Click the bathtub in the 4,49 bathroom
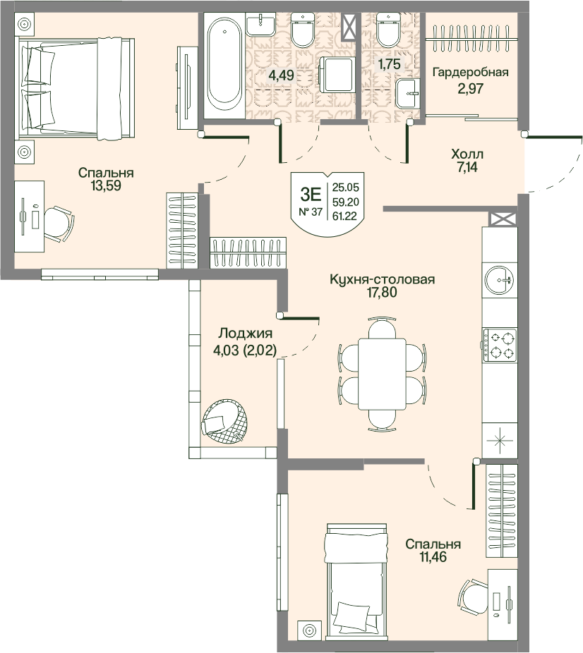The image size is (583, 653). coord(224,66)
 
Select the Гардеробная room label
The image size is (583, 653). coord(471,73)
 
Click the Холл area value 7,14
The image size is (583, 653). coord(467,167)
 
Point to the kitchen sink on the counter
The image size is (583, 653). coord(499,279)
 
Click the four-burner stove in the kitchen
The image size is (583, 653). coord(500,346)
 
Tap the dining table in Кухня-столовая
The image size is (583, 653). coord(382,374)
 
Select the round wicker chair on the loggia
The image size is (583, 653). coord(226,422)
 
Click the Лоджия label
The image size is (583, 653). coord(246,333)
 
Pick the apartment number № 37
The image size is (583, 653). coord(311,212)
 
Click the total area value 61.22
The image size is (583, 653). coord(345,216)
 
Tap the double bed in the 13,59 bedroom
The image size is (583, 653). coord(75,89)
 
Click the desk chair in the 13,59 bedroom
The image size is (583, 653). coord(59,224)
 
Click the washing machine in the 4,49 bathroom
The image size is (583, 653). coord(336,75)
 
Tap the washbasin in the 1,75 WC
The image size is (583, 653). coord(407,94)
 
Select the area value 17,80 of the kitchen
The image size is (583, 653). coord(382,293)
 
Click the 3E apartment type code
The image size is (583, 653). coord(311,194)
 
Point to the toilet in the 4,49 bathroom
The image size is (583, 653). coord(303,29)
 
